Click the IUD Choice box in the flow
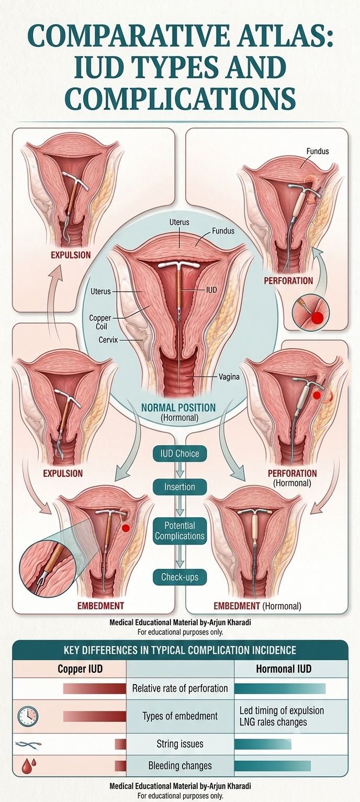click(x=179, y=454)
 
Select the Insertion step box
click(x=179, y=487)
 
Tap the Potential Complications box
click(x=179, y=531)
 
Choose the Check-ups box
click(x=179, y=577)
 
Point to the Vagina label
click(x=229, y=376)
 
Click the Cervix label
click(x=108, y=339)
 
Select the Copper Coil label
click(x=100, y=322)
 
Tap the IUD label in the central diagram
click(x=211, y=289)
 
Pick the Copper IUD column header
click(x=80, y=669)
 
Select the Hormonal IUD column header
click(x=284, y=669)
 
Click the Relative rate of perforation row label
click(x=180, y=688)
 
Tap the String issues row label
click(x=180, y=744)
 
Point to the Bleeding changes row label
click(x=180, y=765)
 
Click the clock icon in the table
click(x=27, y=716)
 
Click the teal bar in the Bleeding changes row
click(x=272, y=766)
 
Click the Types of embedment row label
click(x=180, y=716)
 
